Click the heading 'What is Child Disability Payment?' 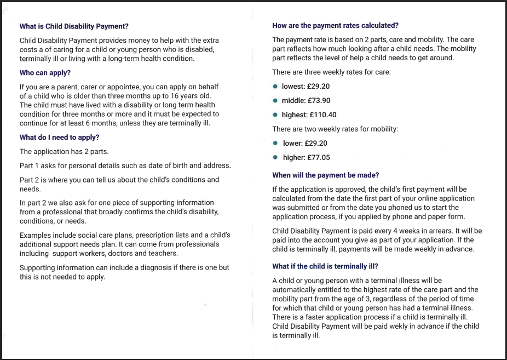coord(74,26)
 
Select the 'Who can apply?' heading coord(45,73)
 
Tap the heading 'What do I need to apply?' coord(59,138)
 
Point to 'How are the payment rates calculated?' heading coord(335,26)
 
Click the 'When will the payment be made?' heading coord(325,175)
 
